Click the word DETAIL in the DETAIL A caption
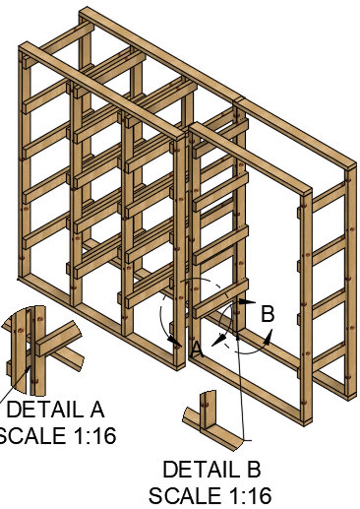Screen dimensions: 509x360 point(39,410)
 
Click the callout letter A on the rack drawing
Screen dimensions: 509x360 point(196,349)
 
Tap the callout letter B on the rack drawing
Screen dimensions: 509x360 point(268,313)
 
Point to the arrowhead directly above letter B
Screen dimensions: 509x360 point(248,301)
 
